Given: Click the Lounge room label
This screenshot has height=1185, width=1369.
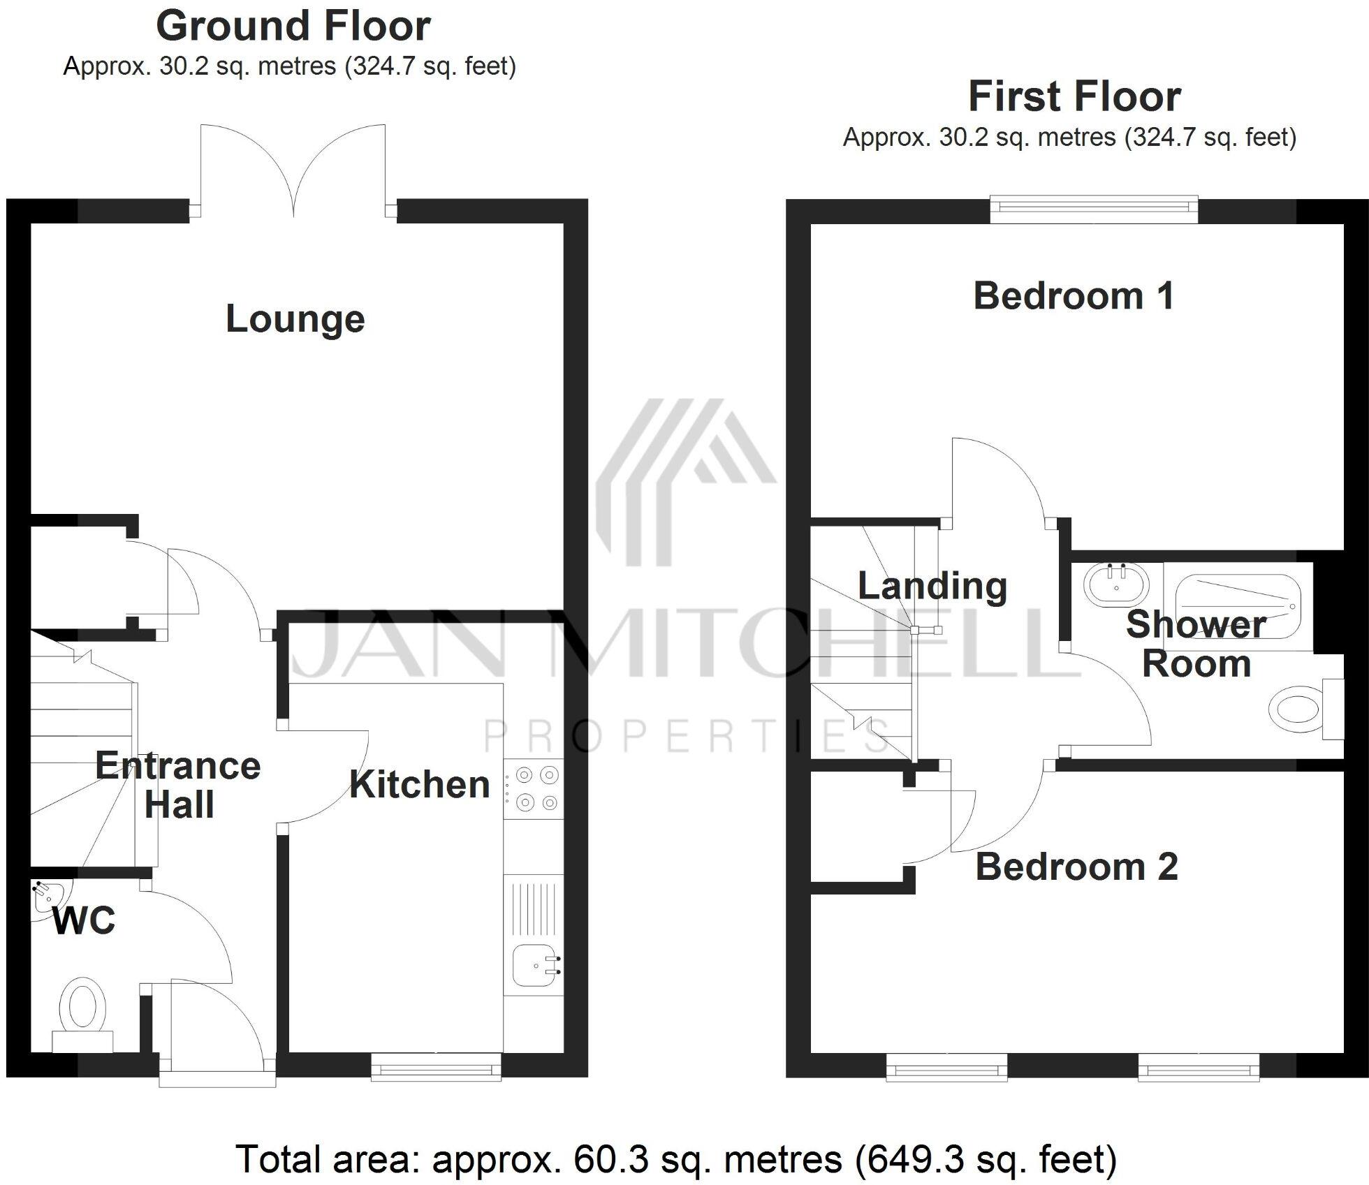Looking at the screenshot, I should [x=295, y=319].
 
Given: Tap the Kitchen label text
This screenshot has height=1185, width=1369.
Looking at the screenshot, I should [x=419, y=784].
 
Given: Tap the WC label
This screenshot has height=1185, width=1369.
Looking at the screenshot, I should [x=84, y=921].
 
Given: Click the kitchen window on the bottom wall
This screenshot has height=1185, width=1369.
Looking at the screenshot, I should [x=436, y=1067].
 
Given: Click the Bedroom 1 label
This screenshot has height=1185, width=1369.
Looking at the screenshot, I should [x=1074, y=296].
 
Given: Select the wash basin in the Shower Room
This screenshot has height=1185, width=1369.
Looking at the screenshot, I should [x=1116, y=585].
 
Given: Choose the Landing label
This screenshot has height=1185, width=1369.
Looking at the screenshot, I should [x=932, y=586].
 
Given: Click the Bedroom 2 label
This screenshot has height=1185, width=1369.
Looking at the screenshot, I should [x=1076, y=867].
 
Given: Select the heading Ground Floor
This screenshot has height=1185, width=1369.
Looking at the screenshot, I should [x=293, y=27].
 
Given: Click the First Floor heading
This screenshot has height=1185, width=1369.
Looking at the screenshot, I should [x=1074, y=97].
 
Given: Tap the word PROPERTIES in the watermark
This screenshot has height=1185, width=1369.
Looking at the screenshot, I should [x=688, y=737].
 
